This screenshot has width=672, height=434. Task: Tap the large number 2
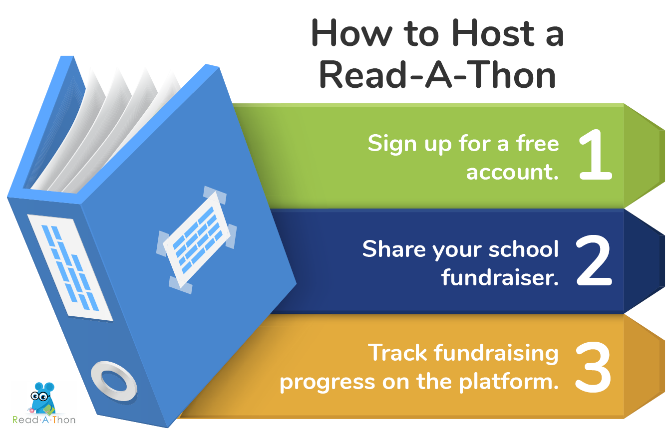594,261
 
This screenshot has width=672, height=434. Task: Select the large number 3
594,368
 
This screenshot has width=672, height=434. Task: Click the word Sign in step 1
387,144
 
